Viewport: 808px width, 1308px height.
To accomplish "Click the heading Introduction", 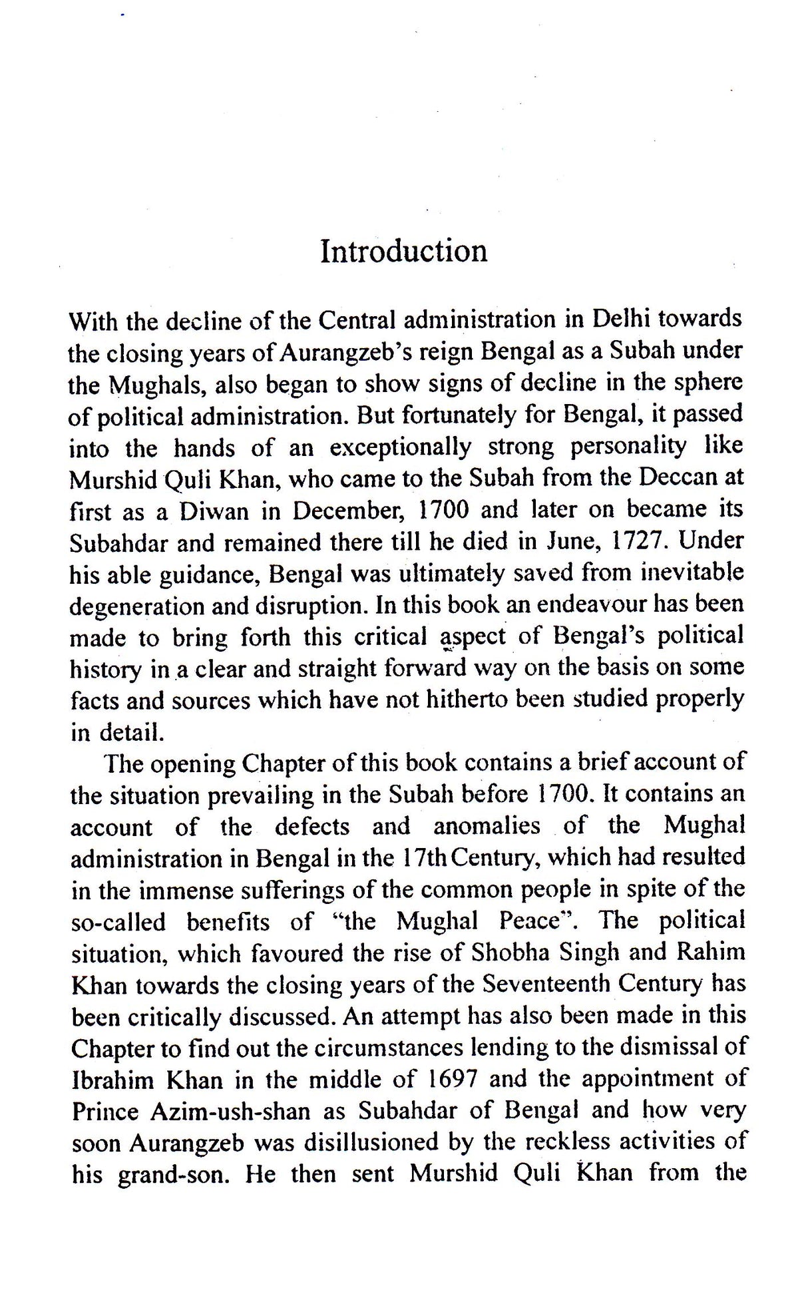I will (x=403, y=252).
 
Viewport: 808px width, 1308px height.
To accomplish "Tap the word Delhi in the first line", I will (x=621, y=320).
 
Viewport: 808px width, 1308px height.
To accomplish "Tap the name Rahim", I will (x=711, y=953).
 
